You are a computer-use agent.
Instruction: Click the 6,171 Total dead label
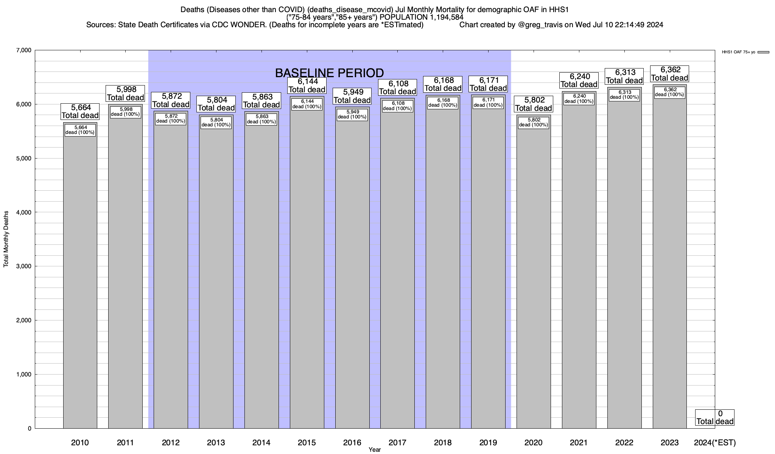[x=488, y=84]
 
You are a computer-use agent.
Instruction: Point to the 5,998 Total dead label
[x=125, y=93]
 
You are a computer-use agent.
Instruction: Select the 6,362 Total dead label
[x=669, y=74]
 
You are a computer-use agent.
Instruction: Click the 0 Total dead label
[x=715, y=417]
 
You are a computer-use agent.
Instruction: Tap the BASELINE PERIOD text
[x=329, y=73]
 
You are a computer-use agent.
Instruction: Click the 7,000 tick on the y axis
[x=23, y=50]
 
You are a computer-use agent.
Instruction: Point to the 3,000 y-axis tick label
[x=23, y=266]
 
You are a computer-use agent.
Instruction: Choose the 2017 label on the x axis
[x=397, y=443]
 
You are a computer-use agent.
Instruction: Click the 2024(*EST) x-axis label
[x=715, y=443]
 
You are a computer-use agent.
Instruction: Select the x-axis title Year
[x=375, y=450]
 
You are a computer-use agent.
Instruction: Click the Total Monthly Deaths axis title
[x=6, y=239]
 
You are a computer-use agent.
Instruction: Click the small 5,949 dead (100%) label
[x=352, y=114]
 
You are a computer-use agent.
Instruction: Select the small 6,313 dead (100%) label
[x=624, y=95]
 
